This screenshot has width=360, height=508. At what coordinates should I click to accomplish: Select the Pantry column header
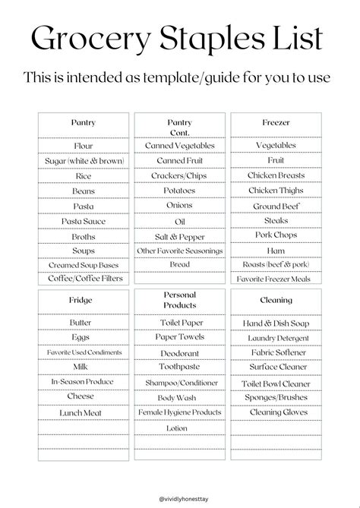83,122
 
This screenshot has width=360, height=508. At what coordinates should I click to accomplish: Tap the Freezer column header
276,122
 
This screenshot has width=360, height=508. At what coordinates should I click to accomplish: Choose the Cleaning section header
276,301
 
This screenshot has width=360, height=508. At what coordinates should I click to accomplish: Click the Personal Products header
179,300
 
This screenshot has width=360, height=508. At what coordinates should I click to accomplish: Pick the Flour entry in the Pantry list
83,146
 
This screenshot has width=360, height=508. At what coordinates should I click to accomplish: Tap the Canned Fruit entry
179,161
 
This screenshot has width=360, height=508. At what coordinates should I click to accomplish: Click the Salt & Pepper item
179,236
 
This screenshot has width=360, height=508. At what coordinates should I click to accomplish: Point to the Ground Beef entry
276,206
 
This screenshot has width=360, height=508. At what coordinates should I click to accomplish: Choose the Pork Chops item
276,235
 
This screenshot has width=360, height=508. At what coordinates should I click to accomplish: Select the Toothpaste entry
179,368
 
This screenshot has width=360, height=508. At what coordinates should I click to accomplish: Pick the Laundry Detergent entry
276,338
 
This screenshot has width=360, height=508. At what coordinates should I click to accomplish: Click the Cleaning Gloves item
276,412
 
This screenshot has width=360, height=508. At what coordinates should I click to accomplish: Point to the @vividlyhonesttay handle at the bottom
180,497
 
